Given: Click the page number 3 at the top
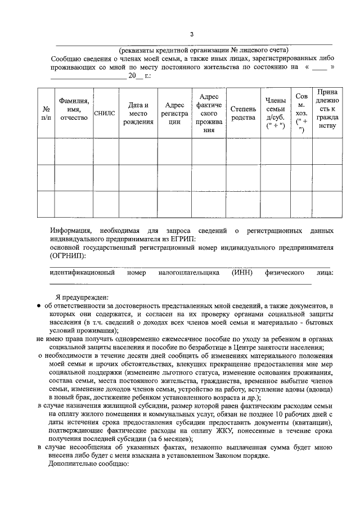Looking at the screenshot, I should (191, 35).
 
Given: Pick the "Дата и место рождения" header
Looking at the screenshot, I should (138, 113).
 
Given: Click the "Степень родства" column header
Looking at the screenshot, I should (243, 113).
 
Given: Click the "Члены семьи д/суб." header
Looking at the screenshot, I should (275, 113).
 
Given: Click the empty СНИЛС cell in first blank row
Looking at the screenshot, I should (105, 152).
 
